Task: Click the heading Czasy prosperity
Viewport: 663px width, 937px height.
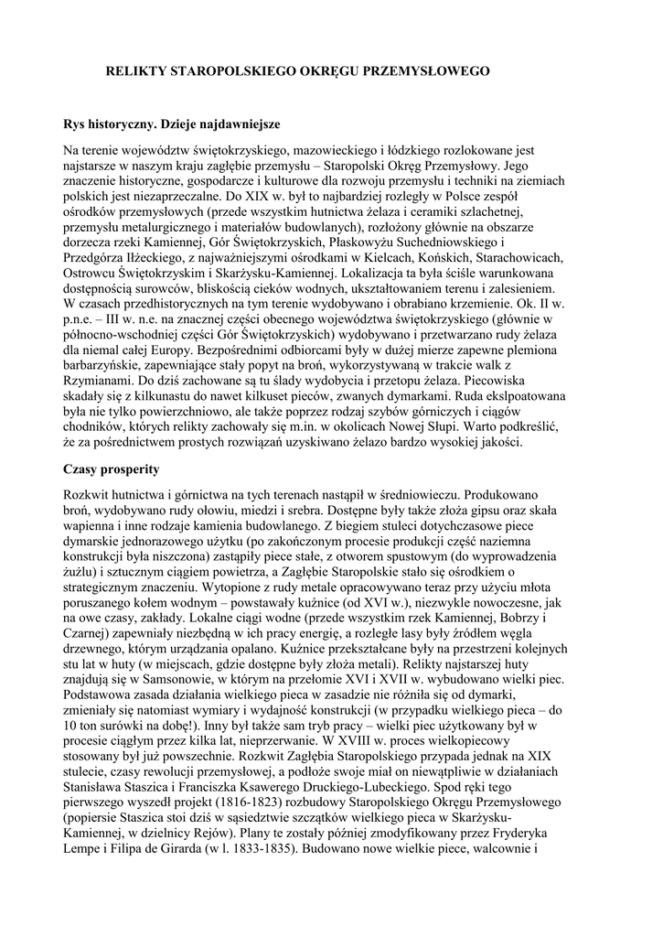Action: point(111,469)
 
